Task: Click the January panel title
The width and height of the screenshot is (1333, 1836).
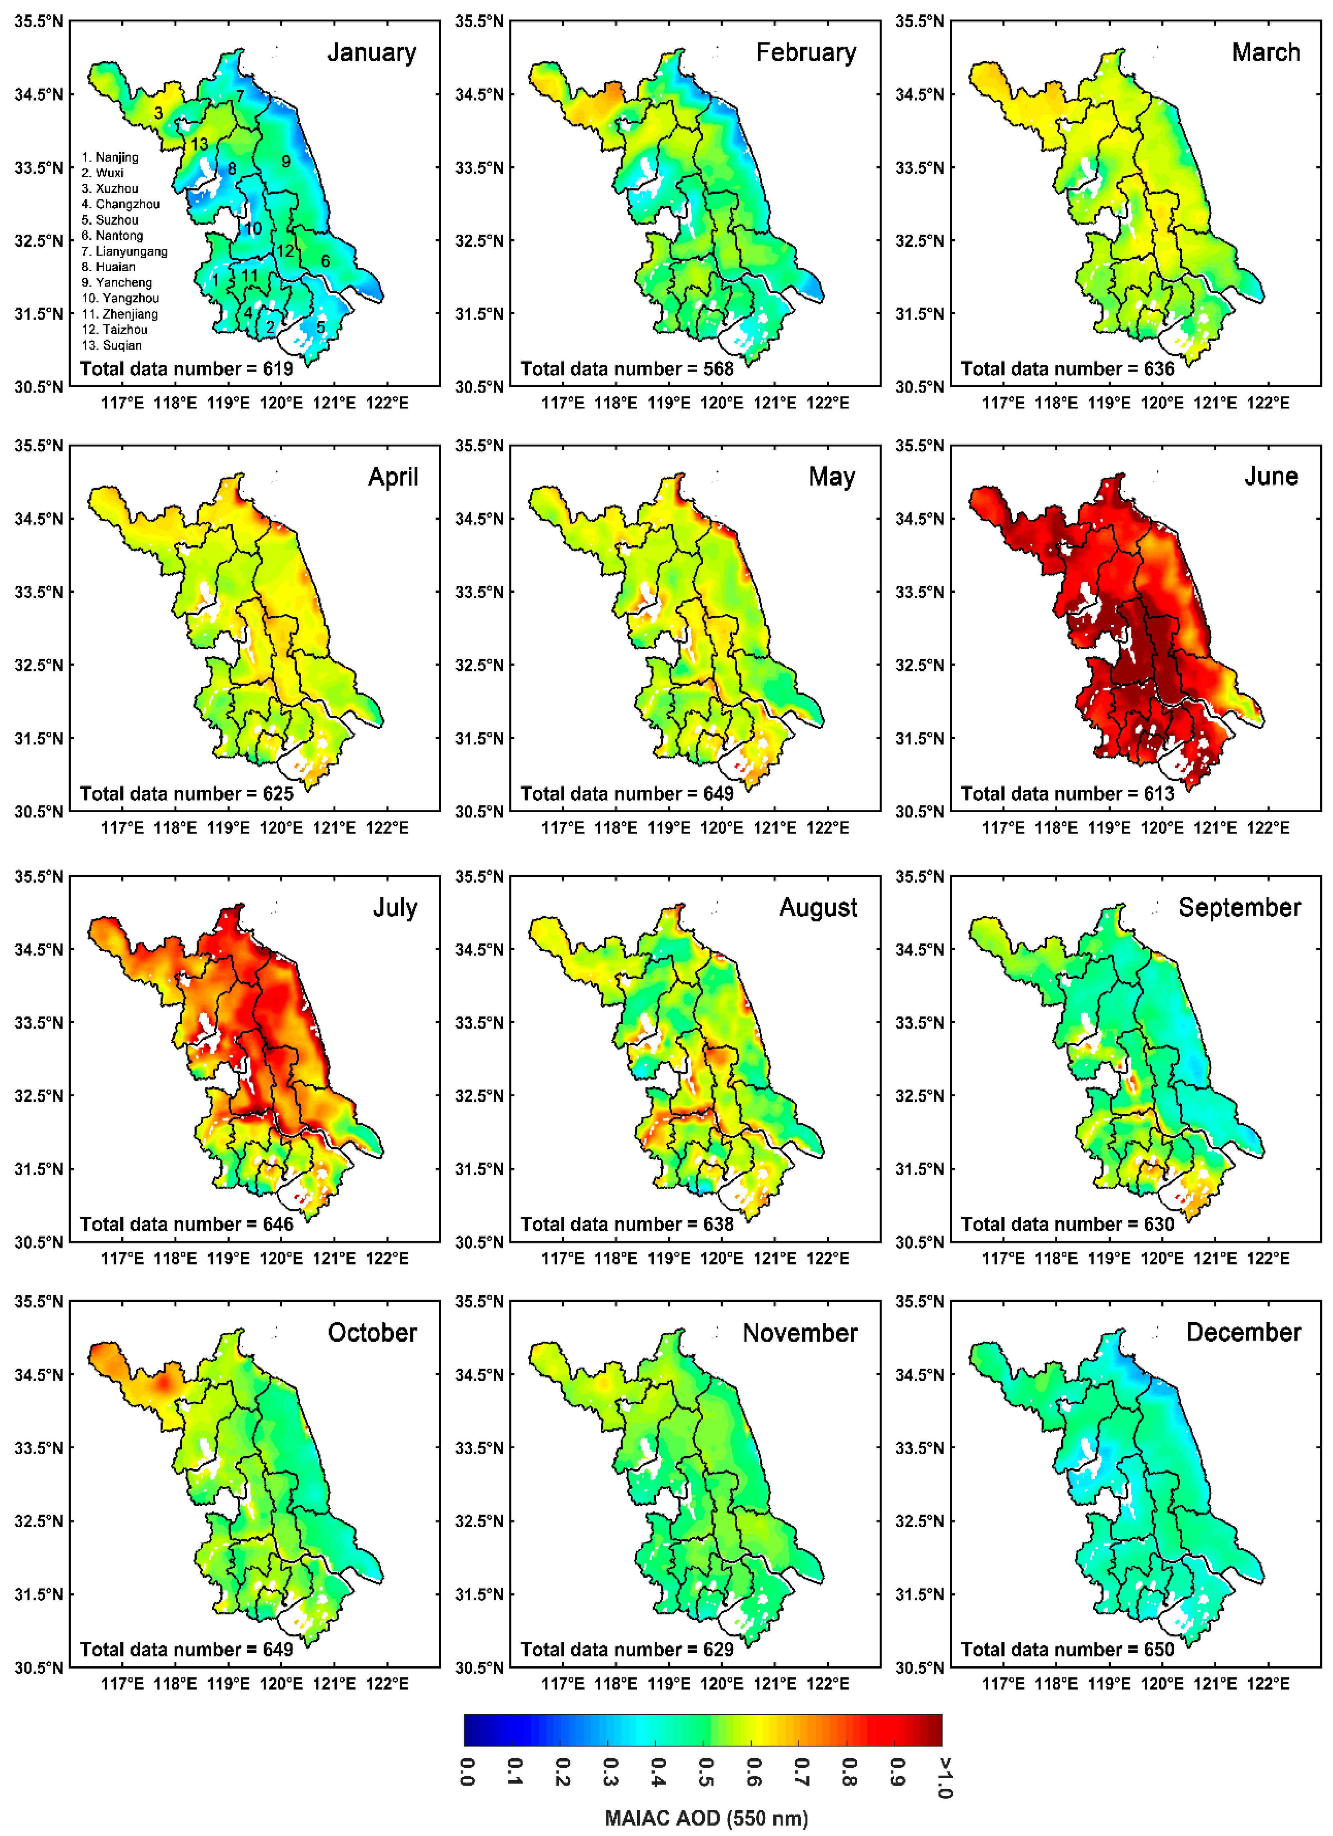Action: pos(372,53)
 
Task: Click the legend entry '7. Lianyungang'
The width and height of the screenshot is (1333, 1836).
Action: pos(125,251)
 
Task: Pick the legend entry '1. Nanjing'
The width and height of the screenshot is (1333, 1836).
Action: pos(110,157)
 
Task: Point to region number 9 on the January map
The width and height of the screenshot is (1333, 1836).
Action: pos(286,161)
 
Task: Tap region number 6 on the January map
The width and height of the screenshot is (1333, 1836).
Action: pos(326,261)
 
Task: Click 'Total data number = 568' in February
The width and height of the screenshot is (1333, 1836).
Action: pos(627,369)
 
